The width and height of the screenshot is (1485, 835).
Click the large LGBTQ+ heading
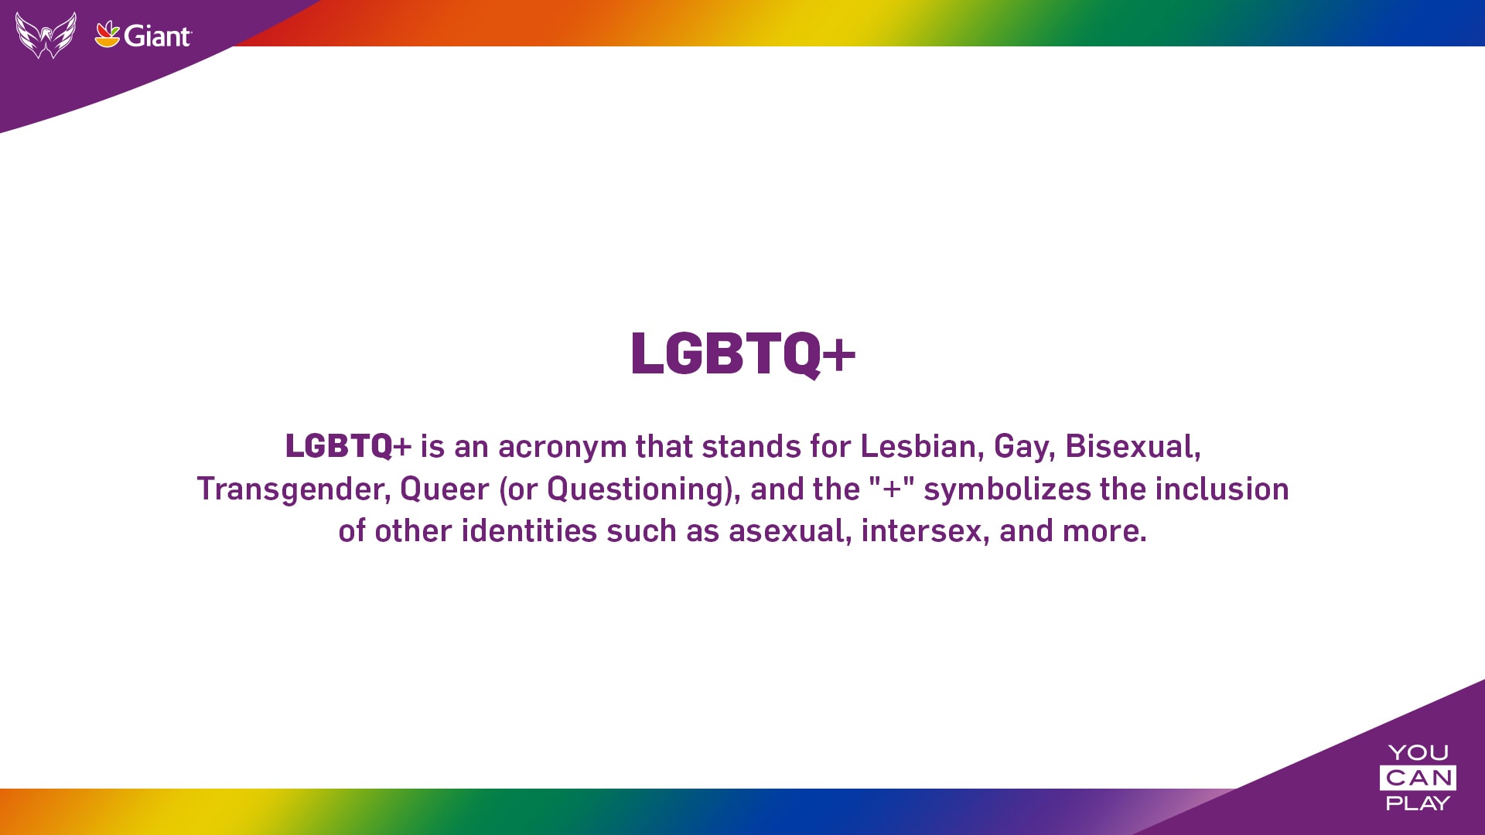(742, 354)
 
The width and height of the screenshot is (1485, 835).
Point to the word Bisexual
(1132, 446)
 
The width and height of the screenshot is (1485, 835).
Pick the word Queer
(445, 489)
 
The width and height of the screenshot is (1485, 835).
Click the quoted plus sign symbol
(892, 489)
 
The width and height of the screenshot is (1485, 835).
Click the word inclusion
(1222, 489)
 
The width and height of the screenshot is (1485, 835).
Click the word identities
(529, 530)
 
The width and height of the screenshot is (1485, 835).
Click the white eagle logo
(46, 35)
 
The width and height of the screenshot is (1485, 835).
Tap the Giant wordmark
(157, 36)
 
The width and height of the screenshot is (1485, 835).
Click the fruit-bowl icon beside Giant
(108, 34)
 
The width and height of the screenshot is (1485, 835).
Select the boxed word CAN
(1418, 778)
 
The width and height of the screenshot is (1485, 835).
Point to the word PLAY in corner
(1418, 803)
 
